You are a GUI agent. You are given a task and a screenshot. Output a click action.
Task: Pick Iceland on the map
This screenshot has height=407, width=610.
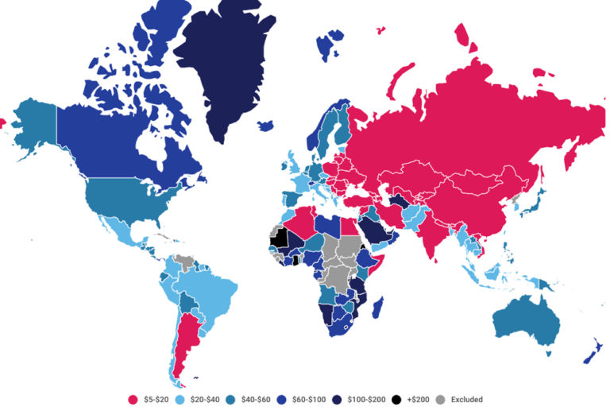(x=265, y=126)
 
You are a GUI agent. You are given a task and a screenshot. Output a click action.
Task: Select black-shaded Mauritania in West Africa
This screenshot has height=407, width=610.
(x=278, y=236)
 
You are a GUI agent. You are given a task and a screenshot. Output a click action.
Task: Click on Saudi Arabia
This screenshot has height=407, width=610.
(x=376, y=232)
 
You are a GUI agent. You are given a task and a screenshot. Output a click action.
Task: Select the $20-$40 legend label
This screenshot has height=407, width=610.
(x=210, y=399)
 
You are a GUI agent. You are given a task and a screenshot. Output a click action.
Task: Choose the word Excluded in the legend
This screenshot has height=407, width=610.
(x=466, y=399)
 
